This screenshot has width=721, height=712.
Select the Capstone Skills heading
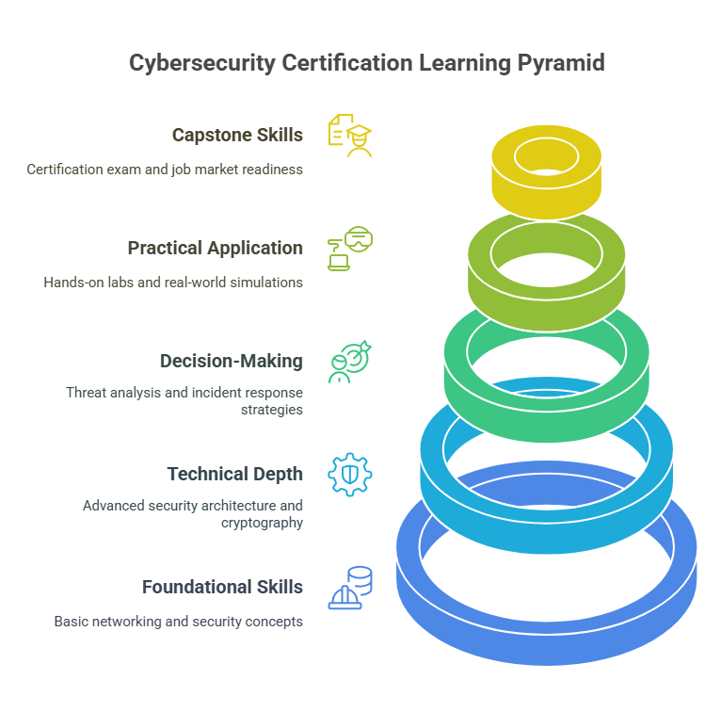237,135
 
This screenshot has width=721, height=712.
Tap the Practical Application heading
216,248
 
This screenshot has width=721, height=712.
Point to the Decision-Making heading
232,361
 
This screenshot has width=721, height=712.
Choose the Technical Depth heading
235,474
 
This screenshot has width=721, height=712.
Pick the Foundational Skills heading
222,587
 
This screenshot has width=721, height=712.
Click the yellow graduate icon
349,135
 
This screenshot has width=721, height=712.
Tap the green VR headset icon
350,248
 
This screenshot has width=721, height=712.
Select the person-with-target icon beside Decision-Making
350,361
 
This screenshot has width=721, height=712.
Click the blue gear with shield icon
349,474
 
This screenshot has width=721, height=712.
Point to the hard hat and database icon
349,588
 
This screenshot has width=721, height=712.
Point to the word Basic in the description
72,622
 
